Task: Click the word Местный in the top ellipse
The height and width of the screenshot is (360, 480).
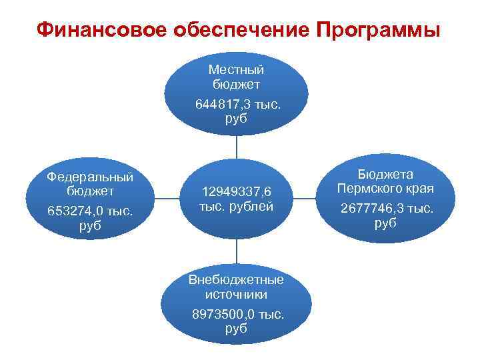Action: pyautogui.click(x=236, y=69)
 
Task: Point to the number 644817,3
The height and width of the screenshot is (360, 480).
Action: pyautogui.click(x=222, y=105)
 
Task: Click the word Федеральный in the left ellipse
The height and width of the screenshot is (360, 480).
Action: pyautogui.click(x=91, y=177)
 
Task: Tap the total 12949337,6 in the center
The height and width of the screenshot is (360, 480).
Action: pyautogui.click(x=237, y=192)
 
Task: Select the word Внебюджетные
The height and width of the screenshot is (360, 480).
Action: pyautogui.click(x=236, y=279)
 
